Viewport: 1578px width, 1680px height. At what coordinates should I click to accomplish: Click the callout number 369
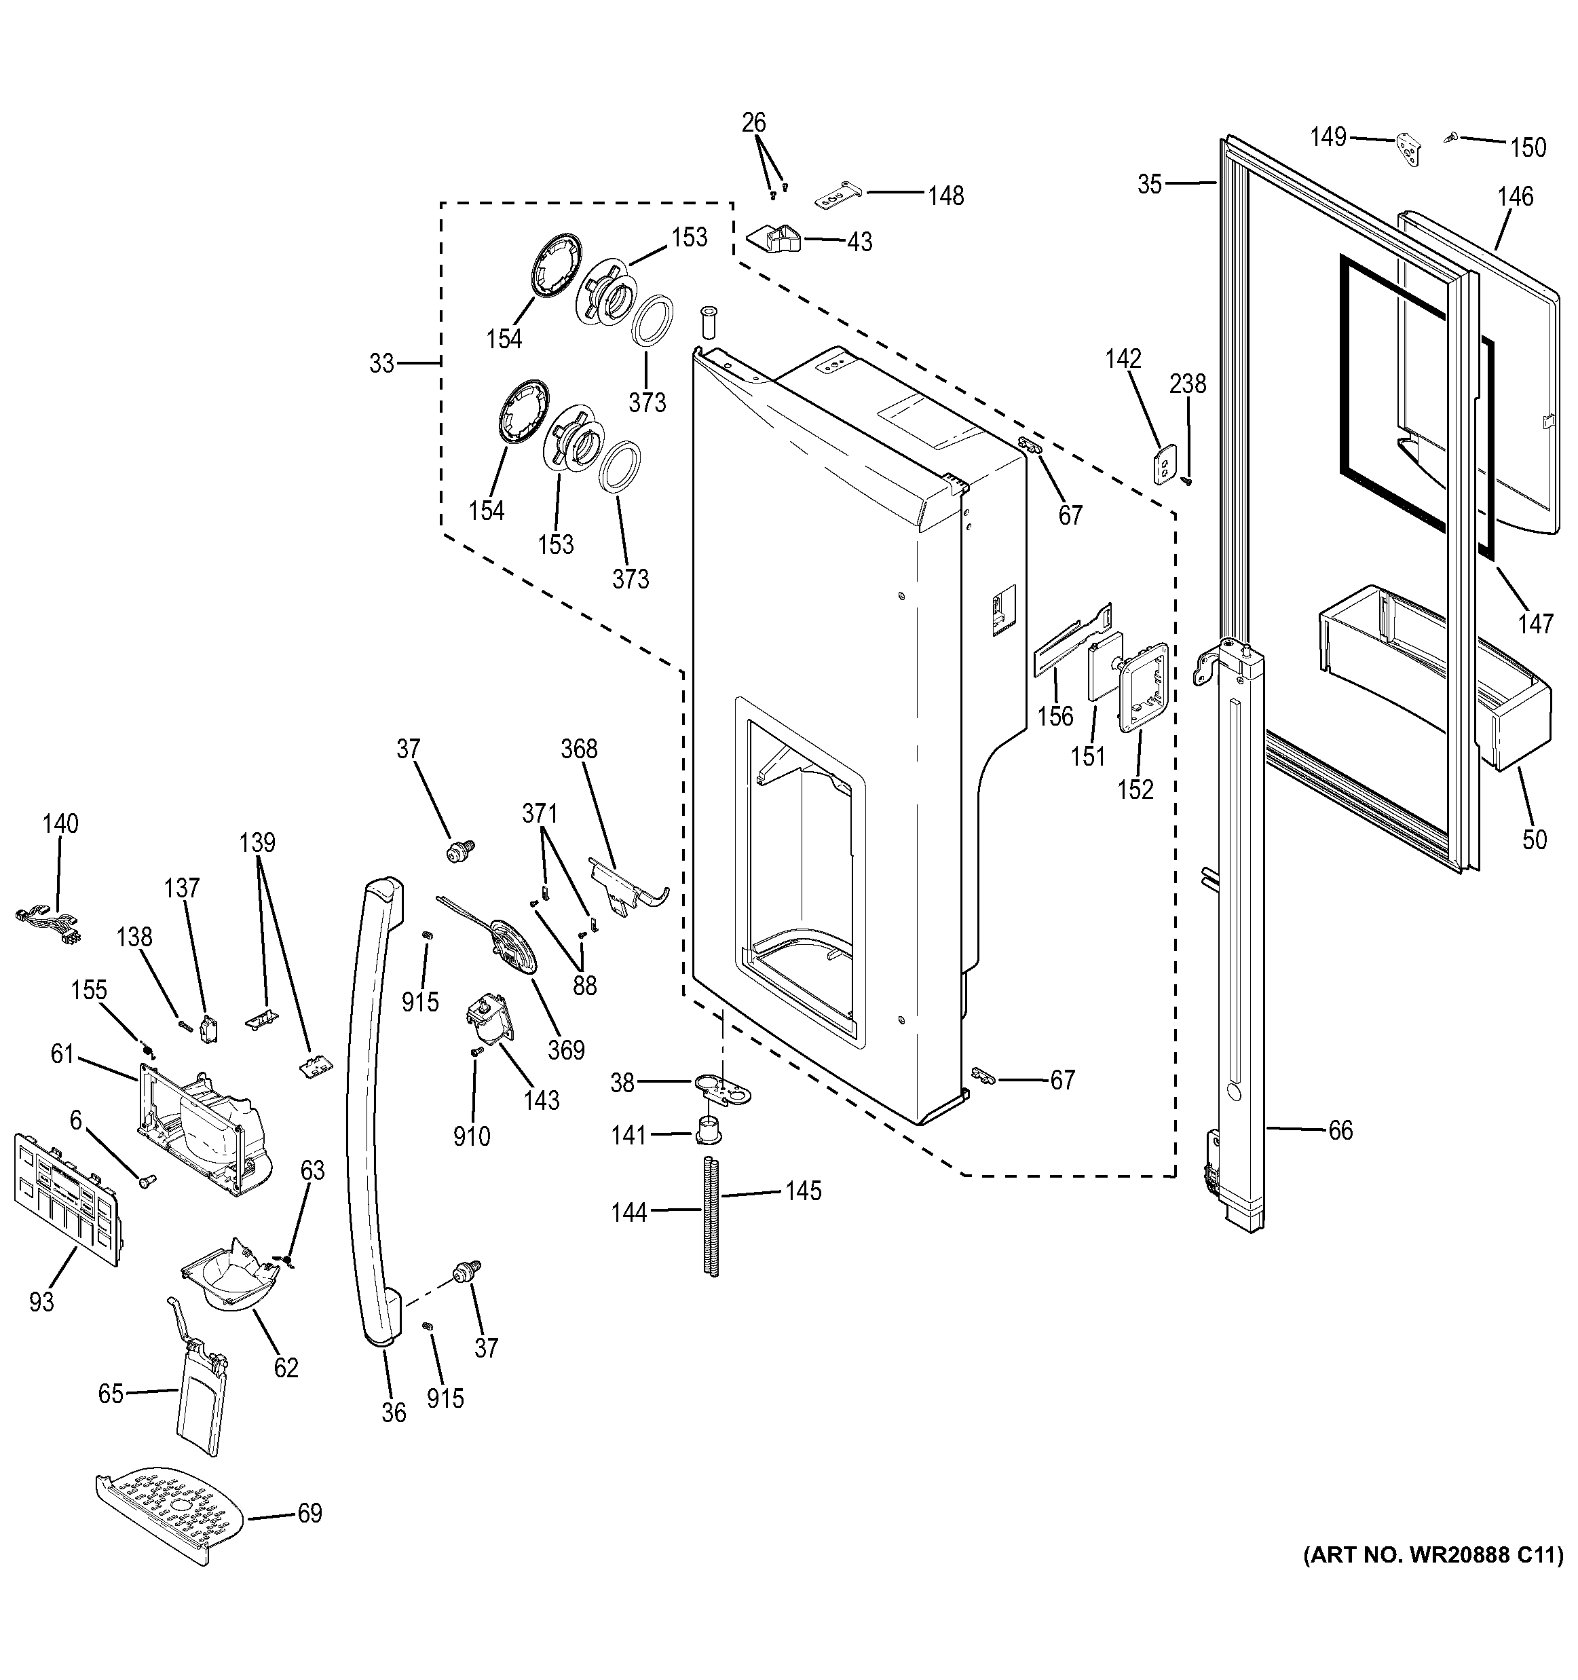click(x=565, y=1049)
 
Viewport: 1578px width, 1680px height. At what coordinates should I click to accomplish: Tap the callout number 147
click(x=1533, y=624)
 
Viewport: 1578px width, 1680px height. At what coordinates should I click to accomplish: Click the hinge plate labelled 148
click(x=836, y=197)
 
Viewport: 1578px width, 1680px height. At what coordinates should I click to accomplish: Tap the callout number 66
click(x=1340, y=1130)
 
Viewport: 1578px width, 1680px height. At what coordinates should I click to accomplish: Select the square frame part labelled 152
click(x=1144, y=686)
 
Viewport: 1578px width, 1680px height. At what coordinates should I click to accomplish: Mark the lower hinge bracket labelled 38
click(x=723, y=1087)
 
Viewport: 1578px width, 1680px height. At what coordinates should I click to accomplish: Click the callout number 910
click(x=472, y=1136)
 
